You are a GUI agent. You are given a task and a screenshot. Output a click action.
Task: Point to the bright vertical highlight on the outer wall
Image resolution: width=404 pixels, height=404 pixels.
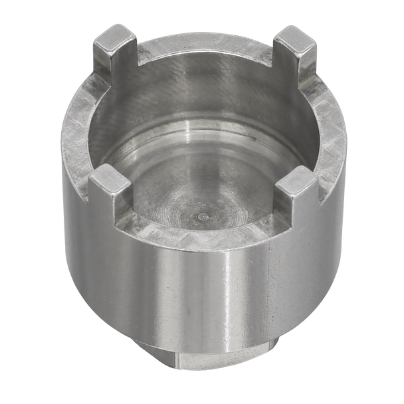click(226, 299)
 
